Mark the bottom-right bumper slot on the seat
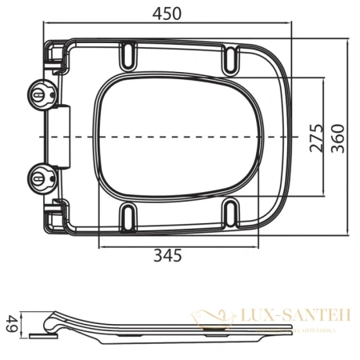(x=231, y=212)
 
